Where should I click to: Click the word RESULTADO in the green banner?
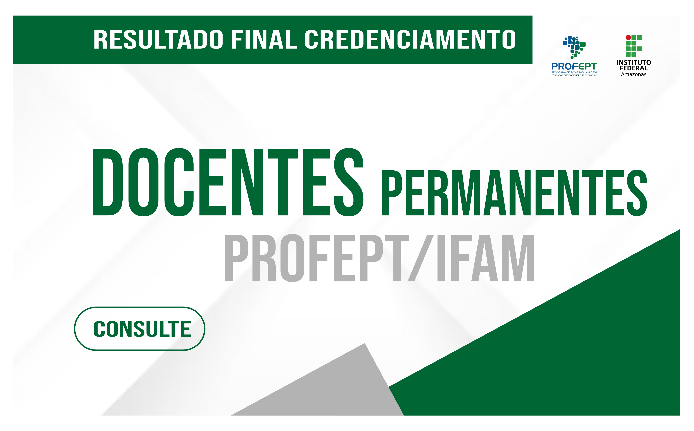click(158, 39)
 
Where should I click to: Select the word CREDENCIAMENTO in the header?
click(410, 39)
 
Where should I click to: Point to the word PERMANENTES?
click(514, 193)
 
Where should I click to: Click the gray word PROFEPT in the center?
click(317, 258)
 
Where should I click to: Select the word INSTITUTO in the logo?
click(634, 62)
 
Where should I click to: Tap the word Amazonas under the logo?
click(634, 74)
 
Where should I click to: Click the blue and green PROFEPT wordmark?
click(574, 66)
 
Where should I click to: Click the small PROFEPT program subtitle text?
click(574, 74)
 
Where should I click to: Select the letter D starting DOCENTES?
click(108, 182)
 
